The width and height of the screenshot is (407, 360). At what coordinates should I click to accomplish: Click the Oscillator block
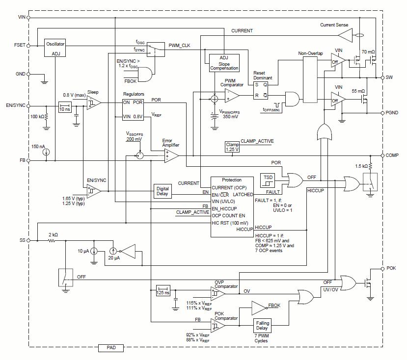[55, 48]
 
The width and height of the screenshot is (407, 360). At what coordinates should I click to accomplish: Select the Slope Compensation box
[224, 63]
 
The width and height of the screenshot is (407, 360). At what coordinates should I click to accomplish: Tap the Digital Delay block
[163, 191]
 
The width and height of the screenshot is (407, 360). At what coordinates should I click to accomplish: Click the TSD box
[268, 180]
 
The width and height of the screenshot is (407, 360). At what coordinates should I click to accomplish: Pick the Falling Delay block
[262, 326]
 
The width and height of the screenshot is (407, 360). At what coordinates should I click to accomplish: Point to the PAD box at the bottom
[111, 348]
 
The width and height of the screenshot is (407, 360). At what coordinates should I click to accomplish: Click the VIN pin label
[22, 17]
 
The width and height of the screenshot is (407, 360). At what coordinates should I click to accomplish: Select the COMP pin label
[392, 155]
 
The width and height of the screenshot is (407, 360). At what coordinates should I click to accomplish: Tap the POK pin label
[391, 268]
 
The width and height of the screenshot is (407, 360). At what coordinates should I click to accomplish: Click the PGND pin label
[392, 113]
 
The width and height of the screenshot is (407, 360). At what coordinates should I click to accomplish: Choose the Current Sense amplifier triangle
[345, 35]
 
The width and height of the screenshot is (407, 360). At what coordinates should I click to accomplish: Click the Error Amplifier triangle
[171, 156]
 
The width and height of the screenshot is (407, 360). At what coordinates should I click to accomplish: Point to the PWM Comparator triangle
[232, 96]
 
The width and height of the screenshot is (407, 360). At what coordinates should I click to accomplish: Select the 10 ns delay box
[65, 107]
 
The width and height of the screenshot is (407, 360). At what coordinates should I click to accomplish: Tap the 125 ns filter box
[163, 290]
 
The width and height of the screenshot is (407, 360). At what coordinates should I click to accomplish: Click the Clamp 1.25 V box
[232, 147]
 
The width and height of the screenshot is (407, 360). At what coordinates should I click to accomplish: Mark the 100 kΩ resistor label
[37, 117]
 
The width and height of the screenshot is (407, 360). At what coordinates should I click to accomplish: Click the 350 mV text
[230, 117]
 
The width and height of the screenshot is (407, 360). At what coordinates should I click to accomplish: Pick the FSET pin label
[20, 45]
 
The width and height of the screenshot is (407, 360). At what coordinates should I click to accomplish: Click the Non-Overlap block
[310, 80]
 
